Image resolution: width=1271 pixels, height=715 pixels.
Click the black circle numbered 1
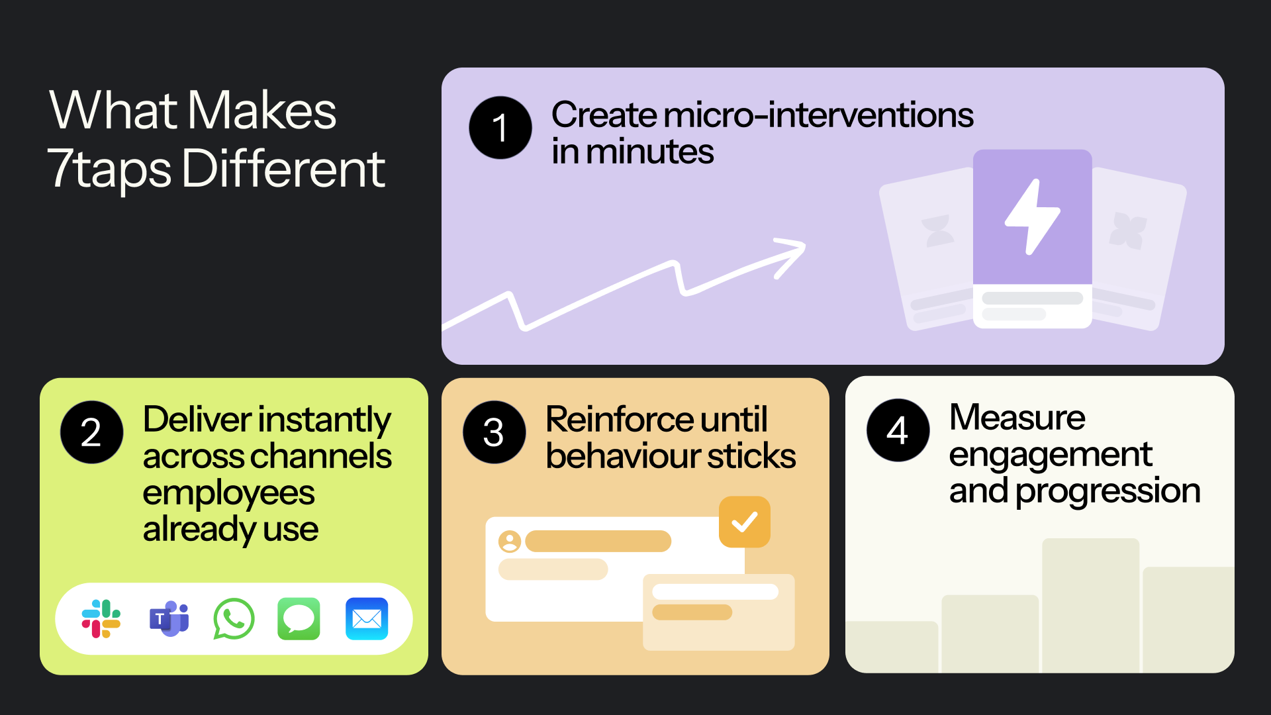[x=500, y=128]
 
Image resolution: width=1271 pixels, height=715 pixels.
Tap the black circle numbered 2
[x=91, y=432]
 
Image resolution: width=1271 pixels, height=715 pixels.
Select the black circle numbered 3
[x=494, y=432]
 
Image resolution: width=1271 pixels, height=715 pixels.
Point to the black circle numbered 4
[x=898, y=430]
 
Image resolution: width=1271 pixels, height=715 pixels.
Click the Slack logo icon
[x=101, y=619]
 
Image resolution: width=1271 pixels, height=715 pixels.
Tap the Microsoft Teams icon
[x=169, y=619]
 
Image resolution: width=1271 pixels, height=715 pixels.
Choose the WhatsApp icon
[x=234, y=619]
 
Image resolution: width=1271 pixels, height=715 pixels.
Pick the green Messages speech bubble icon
[x=299, y=619]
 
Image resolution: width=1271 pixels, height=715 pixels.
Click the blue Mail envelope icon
[x=367, y=619]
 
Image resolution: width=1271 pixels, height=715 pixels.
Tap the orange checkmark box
[x=745, y=522]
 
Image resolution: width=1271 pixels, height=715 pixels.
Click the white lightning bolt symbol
[x=1033, y=216]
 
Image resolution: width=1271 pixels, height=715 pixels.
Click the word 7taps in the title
[x=109, y=169]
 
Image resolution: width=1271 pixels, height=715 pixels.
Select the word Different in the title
[x=283, y=168]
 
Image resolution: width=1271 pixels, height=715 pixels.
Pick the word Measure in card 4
[x=1017, y=417]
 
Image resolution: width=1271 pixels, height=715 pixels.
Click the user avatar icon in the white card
[x=510, y=542]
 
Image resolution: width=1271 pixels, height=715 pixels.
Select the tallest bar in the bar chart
[x=1091, y=606]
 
